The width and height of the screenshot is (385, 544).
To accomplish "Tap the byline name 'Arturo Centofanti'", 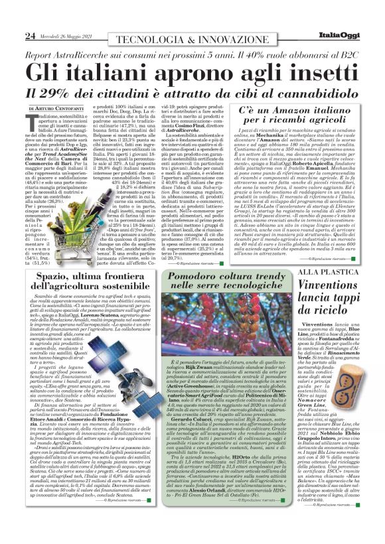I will (x=65, y=107).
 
